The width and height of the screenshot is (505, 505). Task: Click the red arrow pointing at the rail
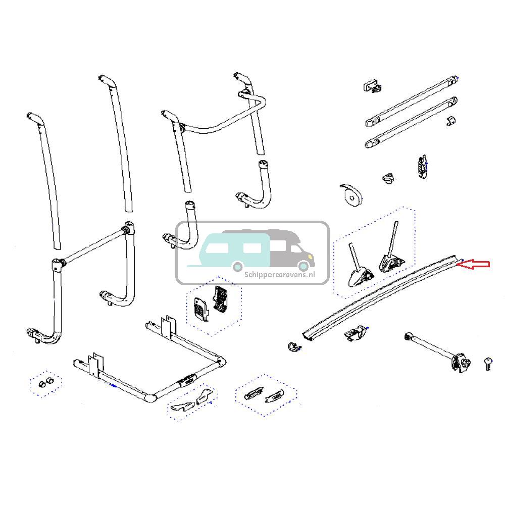[474, 264]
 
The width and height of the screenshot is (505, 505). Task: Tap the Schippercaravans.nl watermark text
[280, 275]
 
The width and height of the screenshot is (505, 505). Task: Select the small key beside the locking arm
[488, 364]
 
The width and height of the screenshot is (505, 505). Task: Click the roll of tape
[351, 195]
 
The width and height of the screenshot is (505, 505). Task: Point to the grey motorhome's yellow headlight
[310, 257]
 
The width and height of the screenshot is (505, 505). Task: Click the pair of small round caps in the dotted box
[45, 383]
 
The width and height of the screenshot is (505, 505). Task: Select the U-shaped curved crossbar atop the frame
[222, 113]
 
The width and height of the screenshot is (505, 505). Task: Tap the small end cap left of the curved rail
[293, 346]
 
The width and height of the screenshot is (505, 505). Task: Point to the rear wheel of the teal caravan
[238, 267]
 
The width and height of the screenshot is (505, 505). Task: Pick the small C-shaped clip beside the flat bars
[451, 120]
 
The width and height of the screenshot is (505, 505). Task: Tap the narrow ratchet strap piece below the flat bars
[423, 166]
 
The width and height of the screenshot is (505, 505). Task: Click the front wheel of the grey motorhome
[304, 266]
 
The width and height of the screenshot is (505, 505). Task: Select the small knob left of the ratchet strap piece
[388, 178]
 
